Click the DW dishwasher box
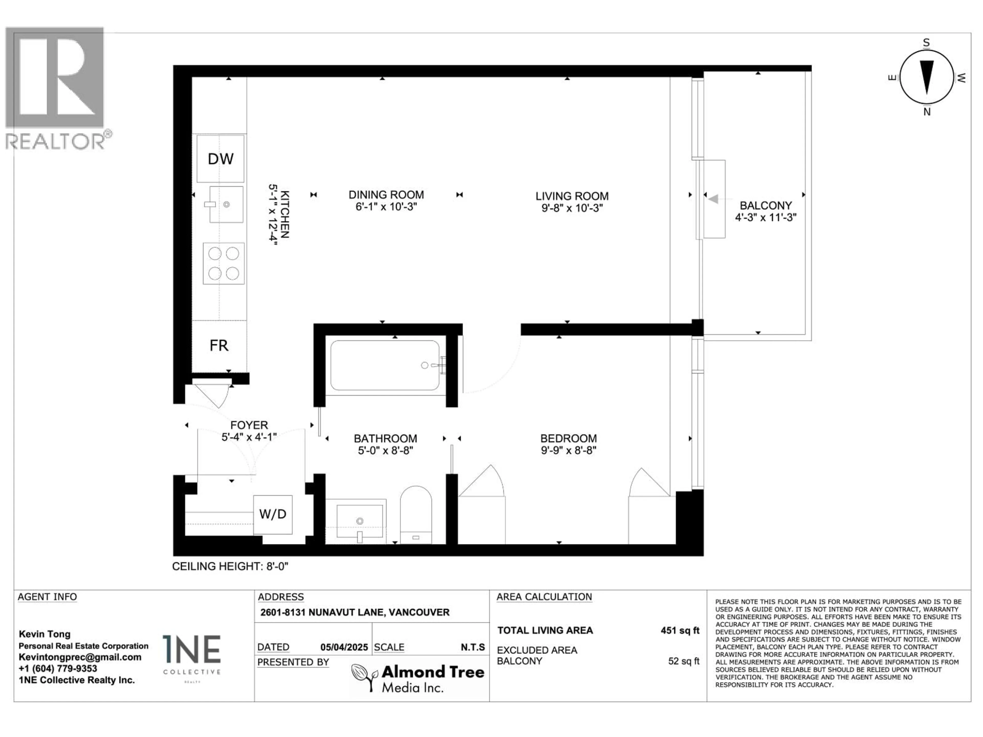pos(220,159)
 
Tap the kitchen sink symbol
pos(226,204)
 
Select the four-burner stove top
pos(223,263)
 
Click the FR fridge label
pos(219,346)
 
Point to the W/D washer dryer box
pos(272,514)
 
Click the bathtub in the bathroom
pos(385,365)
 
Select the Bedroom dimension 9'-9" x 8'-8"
pos(568,450)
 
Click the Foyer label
pos(249,425)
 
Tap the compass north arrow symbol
pos(927,78)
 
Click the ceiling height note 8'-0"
pos(230,566)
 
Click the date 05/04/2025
pos(344,647)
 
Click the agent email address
pos(80,657)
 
